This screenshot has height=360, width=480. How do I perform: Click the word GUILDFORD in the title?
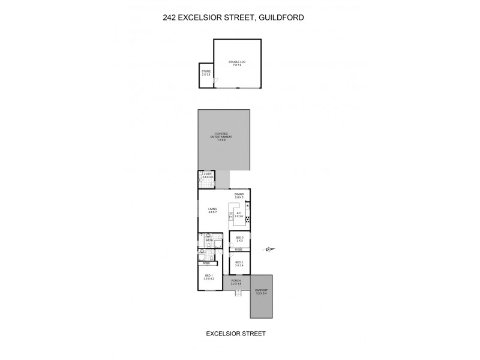[x=281, y=18]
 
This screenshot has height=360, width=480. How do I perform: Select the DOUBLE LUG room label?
[x=238, y=63]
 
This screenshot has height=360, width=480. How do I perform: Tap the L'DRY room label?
[x=208, y=176]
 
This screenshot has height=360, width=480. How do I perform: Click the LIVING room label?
[x=212, y=210]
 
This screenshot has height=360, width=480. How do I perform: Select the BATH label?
[x=209, y=241]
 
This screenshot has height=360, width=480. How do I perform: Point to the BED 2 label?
[x=239, y=263]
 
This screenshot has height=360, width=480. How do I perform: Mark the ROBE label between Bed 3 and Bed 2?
[x=238, y=250]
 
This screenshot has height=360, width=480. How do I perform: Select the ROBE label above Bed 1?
[x=206, y=263]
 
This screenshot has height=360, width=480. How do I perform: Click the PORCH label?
[x=236, y=281]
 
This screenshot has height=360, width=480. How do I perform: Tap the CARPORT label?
[x=261, y=291]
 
